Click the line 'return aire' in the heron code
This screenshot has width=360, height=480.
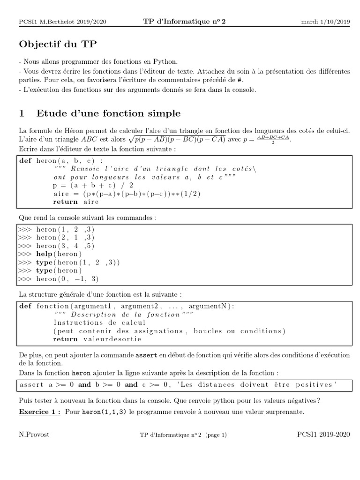click(x=76, y=202)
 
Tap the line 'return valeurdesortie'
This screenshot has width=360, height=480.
click(x=93, y=339)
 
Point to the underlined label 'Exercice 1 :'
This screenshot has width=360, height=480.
click(x=39, y=412)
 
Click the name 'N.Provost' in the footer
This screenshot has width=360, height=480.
click(x=34, y=435)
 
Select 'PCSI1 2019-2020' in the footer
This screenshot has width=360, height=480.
click(x=323, y=435)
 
